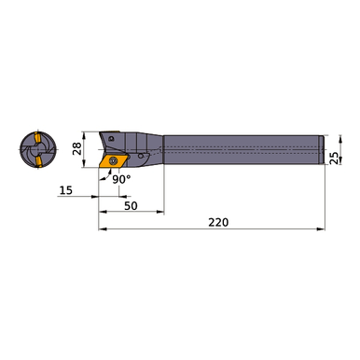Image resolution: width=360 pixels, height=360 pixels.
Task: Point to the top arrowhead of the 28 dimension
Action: (91, 132)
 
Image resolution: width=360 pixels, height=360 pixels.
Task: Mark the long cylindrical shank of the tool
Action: (242, 151)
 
